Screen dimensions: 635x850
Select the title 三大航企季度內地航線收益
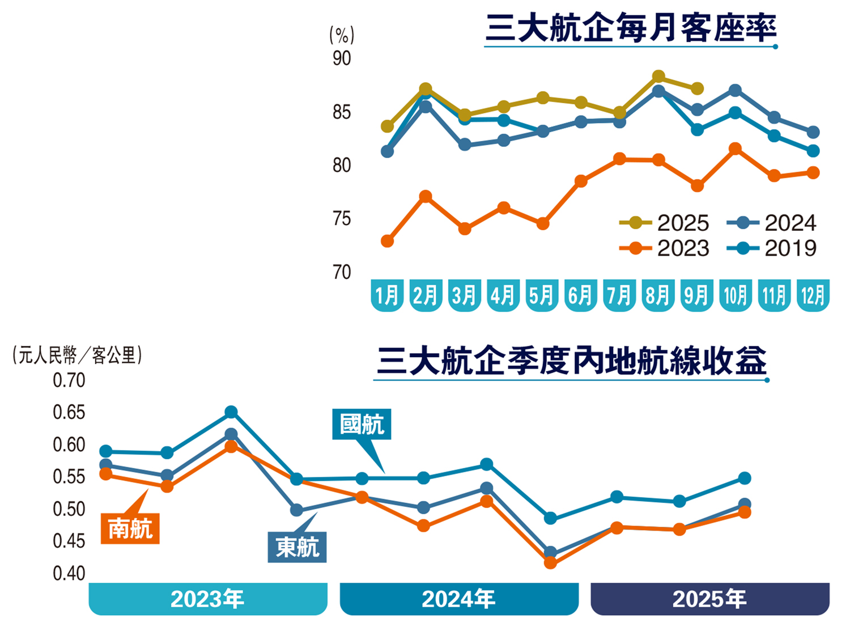click(x=571, y=361)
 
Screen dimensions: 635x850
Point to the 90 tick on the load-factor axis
click(x=342, y=58)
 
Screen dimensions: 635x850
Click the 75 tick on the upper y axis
click(x=342, y=218)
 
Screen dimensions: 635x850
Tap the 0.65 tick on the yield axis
click(x=69, y=412)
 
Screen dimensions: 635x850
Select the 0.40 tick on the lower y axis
click(x=69, y=573)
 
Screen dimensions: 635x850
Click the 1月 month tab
click(x=387, y=295)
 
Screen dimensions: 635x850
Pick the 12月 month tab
click(x=813, y=295)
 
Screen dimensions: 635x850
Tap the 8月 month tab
click(x=658, y=295)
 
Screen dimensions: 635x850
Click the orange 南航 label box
click(x=130, y=529)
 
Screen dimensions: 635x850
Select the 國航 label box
click(x=362, y=424)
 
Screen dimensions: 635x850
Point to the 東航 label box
click(x=297, y=547)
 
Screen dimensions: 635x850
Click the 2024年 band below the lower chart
click(x=459, y=599)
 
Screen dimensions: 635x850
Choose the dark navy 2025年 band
click(x=709, y=599)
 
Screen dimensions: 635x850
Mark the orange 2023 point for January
click(x=388, y=242)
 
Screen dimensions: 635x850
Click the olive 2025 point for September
click(x=697, y=89)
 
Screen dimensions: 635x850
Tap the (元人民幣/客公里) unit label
click(x=77, y=355)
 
